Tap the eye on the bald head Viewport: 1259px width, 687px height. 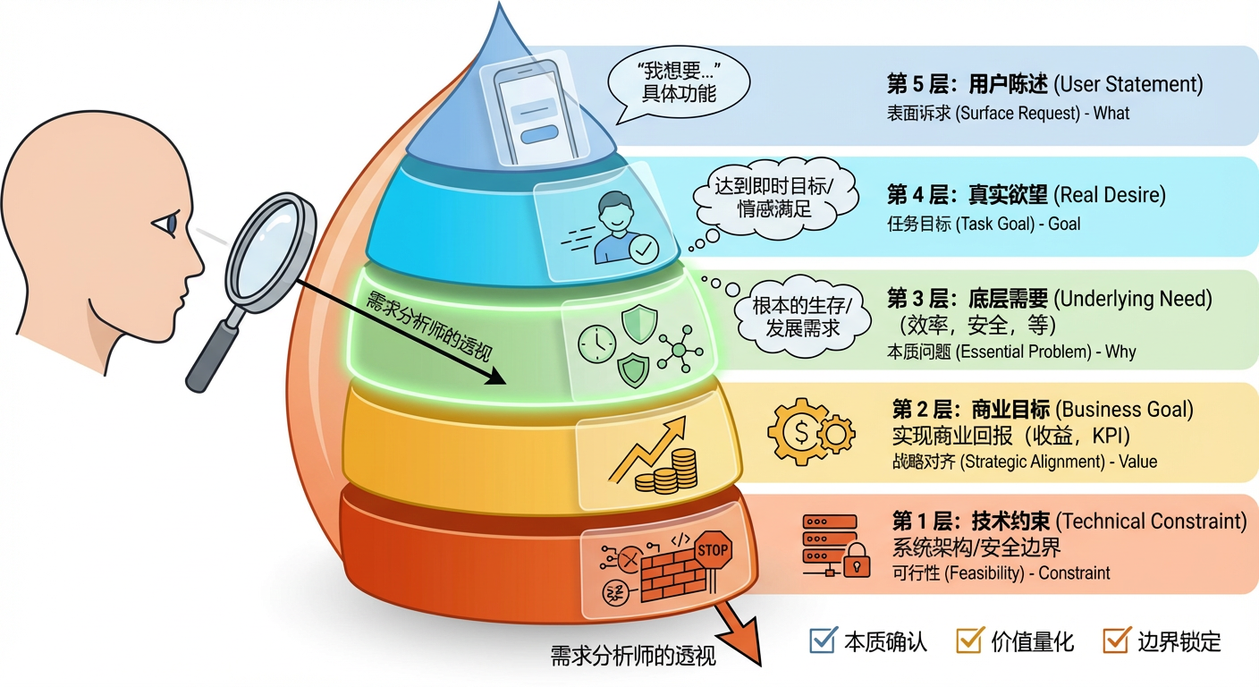pyautogui.click(x=169, y=225)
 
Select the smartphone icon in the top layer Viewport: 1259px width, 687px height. pyautogui.click(x=537, y=114)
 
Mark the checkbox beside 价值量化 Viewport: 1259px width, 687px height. pyautogui.click(x=969, y=640)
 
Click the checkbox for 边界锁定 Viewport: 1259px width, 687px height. pyautogui.click(x=1117, y=640)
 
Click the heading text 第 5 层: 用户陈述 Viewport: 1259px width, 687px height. pyautogui.click(x=966, y=85)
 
